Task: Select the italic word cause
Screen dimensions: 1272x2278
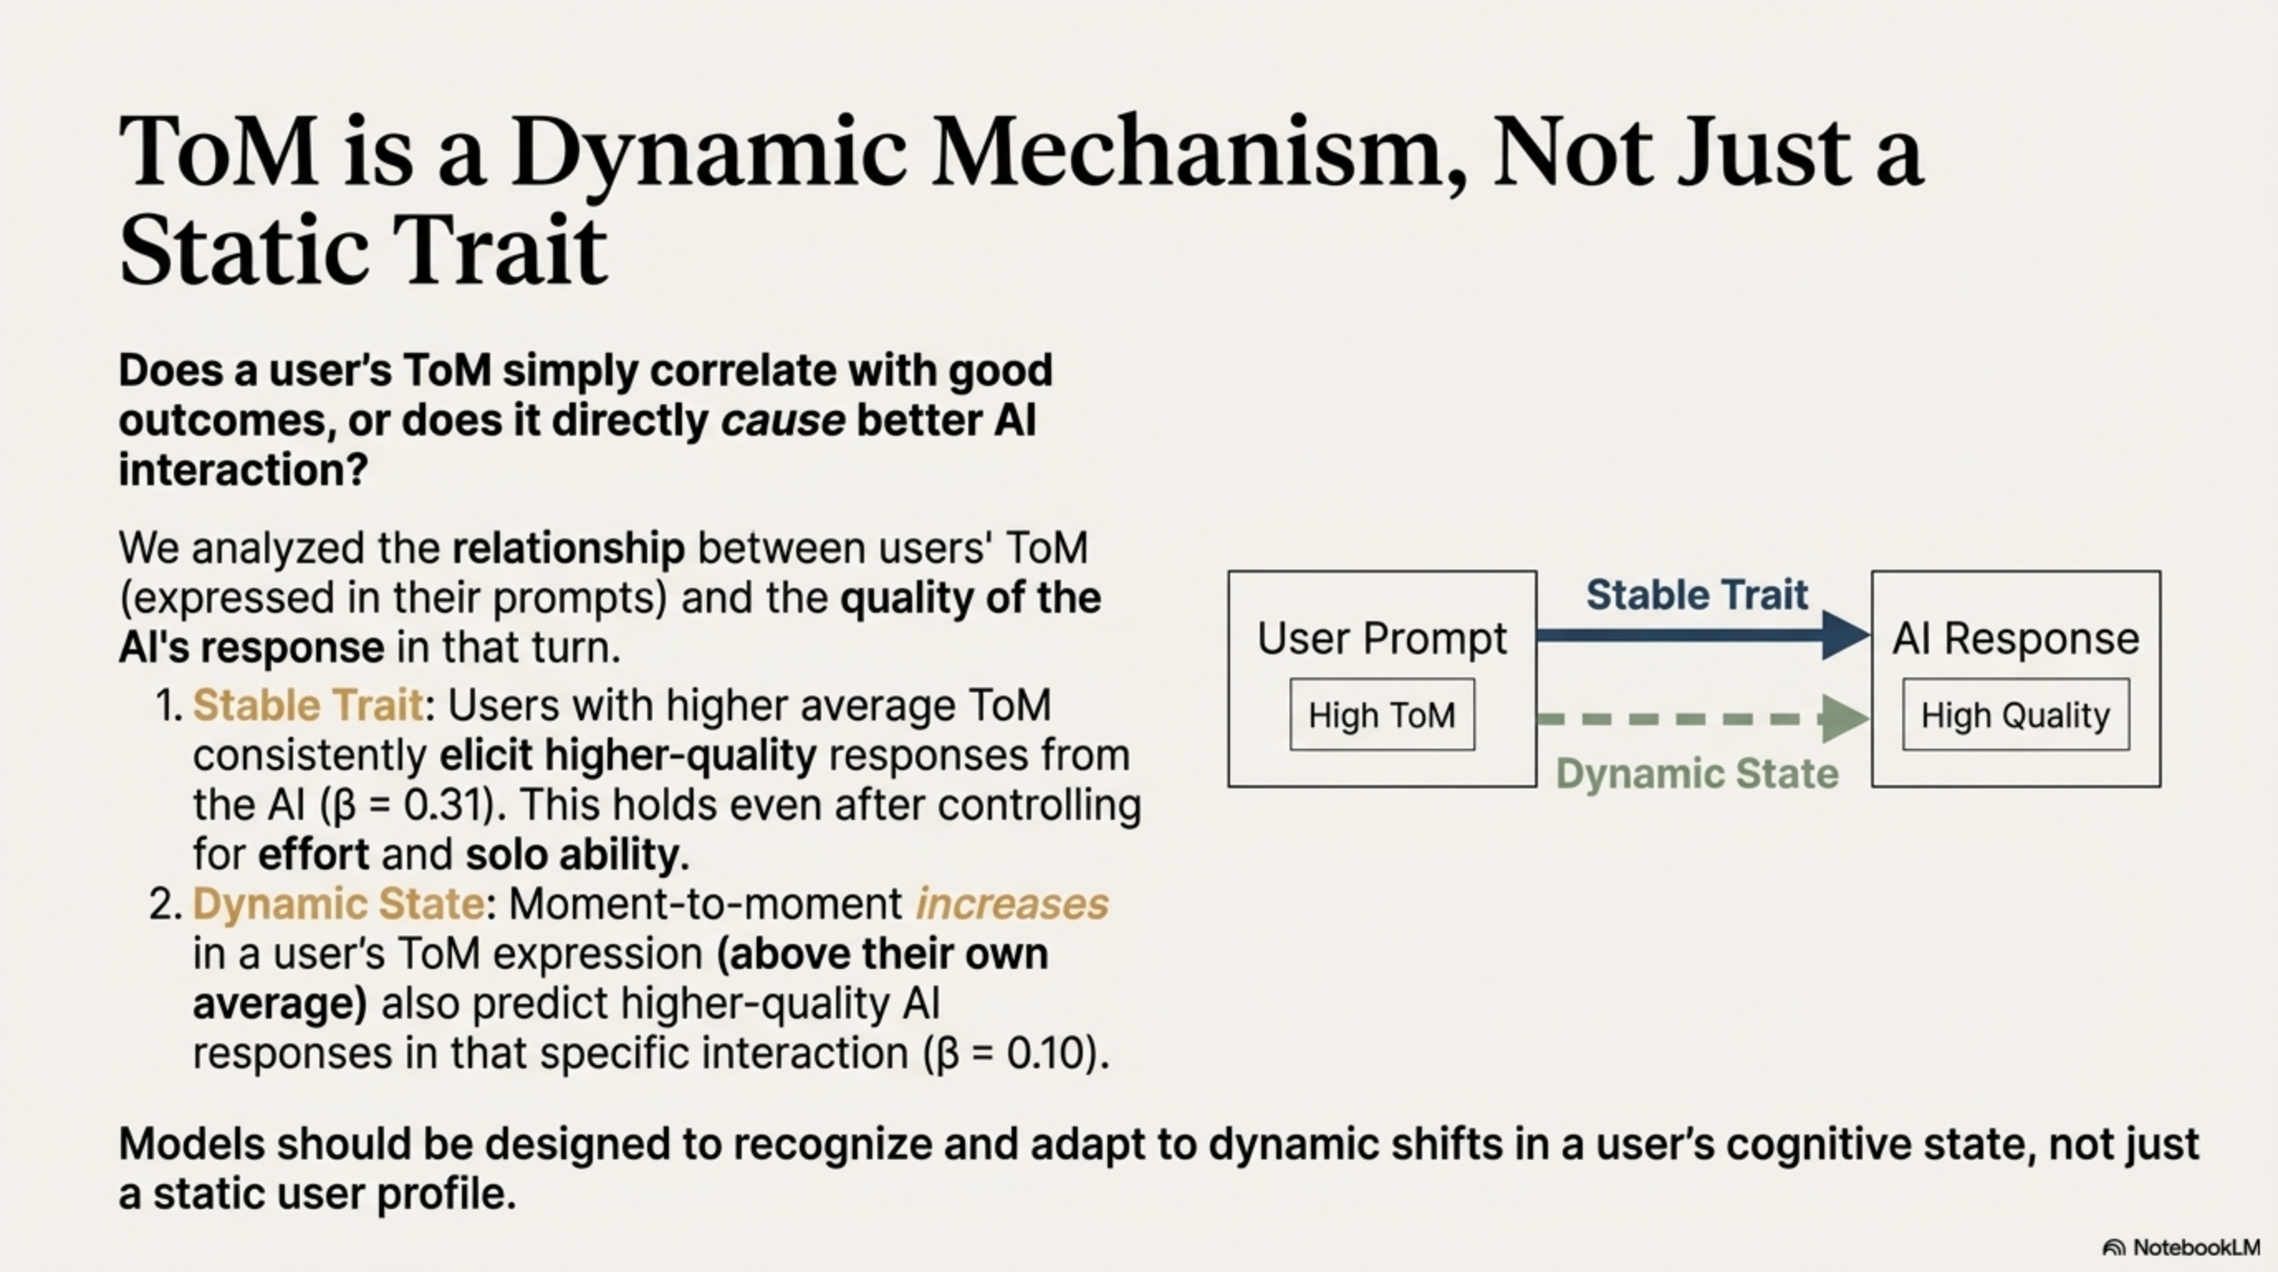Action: coord(782,420)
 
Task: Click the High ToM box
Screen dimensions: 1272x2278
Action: coord(1382,715)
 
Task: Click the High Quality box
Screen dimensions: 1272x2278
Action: coord(2016,715)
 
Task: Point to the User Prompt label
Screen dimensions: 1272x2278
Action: coord(1382,638)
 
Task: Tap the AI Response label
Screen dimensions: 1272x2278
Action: coord(2016,638)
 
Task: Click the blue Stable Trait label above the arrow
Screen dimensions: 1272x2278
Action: coord(1696,595)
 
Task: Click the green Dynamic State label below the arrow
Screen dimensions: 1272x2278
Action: coord(1696,774)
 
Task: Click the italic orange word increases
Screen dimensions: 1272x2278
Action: coord(1012,904)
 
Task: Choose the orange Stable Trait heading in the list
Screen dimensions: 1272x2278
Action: coord(308,706)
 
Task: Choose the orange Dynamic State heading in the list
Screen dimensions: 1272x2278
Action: coord(338,904)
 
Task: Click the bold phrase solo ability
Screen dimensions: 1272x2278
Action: coord(577,855)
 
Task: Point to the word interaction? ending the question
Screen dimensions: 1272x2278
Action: coord(243,470)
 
